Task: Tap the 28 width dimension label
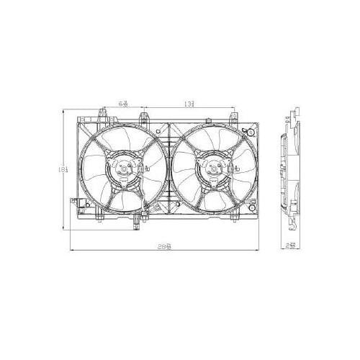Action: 166,246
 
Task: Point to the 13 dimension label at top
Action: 188,104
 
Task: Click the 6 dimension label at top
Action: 123,104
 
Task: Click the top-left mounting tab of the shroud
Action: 99,115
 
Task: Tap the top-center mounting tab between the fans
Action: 147,115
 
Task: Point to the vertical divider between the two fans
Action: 167,169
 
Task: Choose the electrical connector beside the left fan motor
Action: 142,167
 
